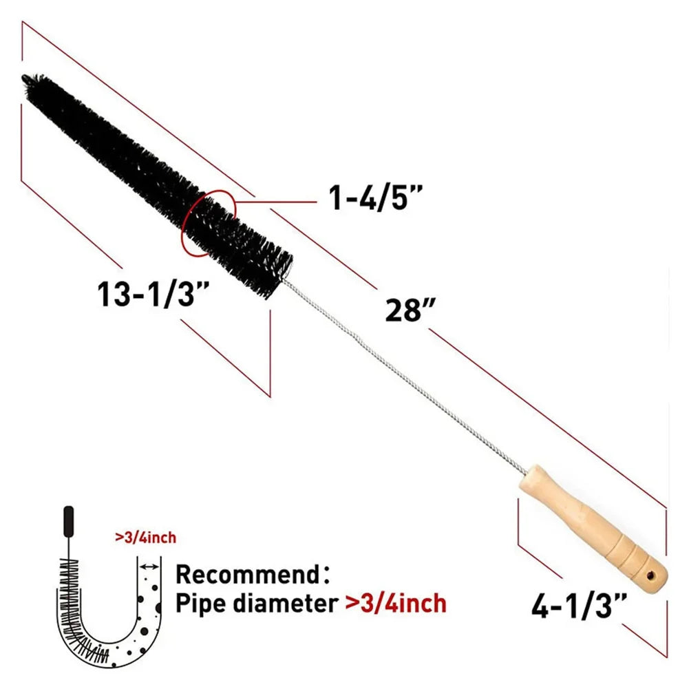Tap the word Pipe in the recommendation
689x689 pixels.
[x=200, y=604]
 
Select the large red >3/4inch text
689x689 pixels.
[x=395, y=604]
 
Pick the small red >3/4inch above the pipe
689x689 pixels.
[x=150, y=537]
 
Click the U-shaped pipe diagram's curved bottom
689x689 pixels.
[x=110, y=647]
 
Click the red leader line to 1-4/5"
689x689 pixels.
[x=275, y=201]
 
